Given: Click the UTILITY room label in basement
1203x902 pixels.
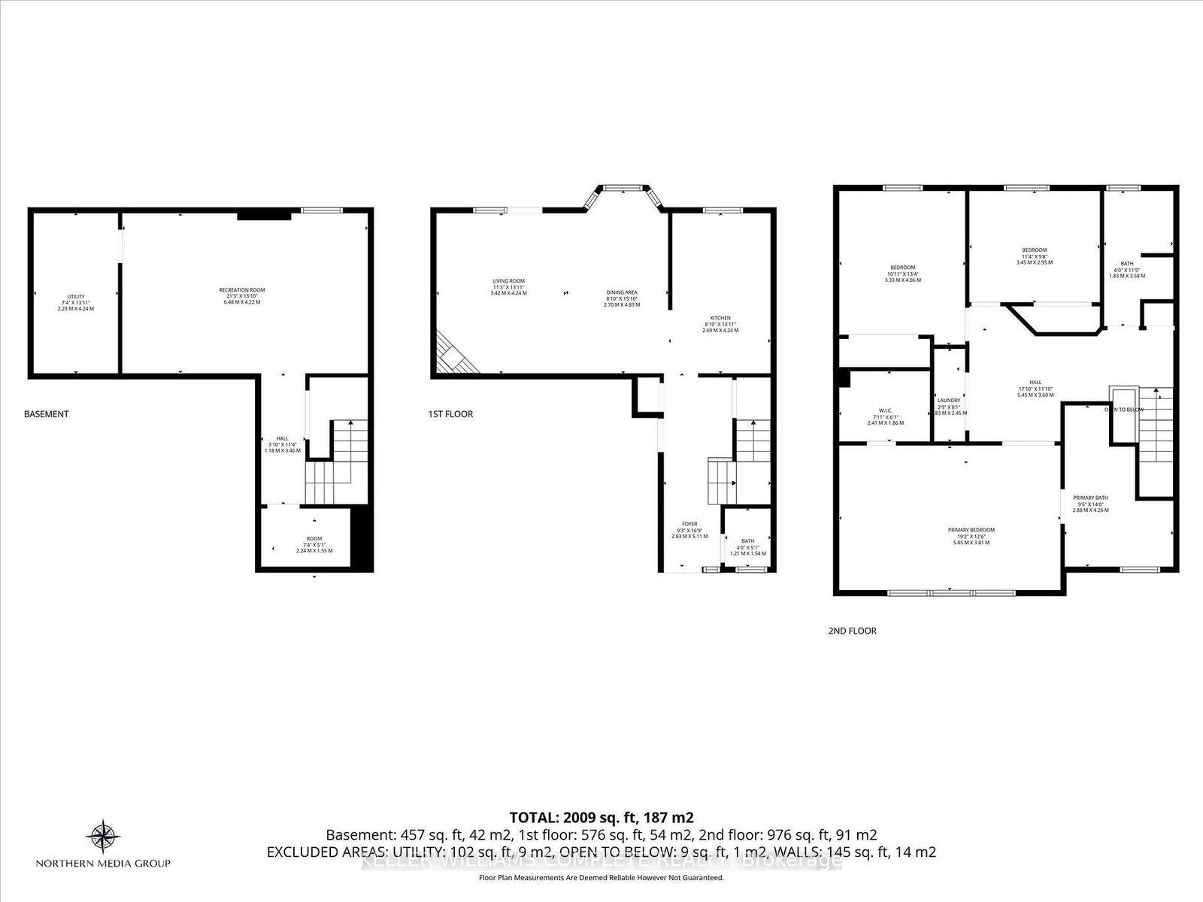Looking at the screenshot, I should [x=75, y=296].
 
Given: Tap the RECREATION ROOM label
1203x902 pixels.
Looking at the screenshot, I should [x=241, y=289].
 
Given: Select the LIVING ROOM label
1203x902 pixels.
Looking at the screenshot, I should [x=508, y=281].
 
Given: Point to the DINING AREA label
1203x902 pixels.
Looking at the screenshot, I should [x=622, y=292].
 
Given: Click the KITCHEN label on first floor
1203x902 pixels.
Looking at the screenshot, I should [x=720, y=318].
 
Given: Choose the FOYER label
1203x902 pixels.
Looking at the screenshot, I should [x=689, y=524].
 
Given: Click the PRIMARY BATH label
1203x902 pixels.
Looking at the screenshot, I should [x=1090, y=498].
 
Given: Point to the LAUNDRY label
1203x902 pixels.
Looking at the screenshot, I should [x=948, y=401].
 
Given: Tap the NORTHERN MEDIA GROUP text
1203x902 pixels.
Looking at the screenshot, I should [x=104, y=863].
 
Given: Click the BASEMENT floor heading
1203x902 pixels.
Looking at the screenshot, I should [x=47, y=414].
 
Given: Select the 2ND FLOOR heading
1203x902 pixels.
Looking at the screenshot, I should [x=852, y=631].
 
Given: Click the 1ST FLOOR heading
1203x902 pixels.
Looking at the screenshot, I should [x=450, y=414].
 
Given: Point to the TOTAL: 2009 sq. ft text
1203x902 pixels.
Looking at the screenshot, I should [x=601, y=817].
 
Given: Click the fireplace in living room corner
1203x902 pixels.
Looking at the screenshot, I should [x=454, y=353].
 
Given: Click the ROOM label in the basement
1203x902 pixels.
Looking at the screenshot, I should [x=314, y=538].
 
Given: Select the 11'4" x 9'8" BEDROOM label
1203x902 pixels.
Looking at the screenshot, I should [x=1034, y=250].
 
